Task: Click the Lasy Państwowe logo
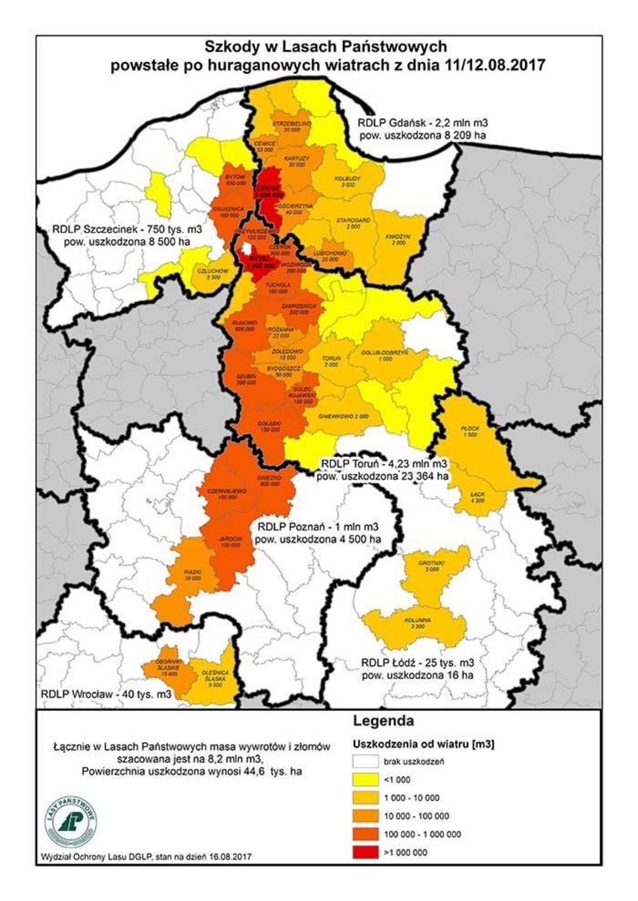tap(72, 820)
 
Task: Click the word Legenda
tap(383, 721)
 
